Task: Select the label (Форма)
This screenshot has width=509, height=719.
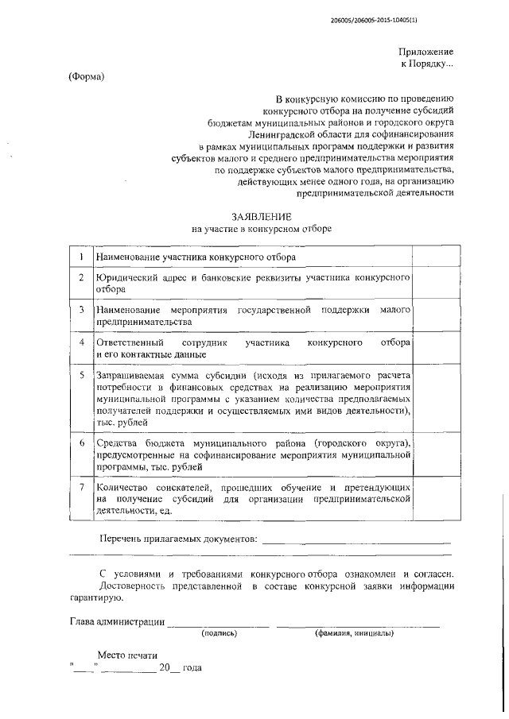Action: click(86, 77)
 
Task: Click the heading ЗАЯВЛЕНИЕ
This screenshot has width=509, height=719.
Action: click(261, 216)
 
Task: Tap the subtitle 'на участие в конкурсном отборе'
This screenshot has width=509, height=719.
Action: click(262, 229)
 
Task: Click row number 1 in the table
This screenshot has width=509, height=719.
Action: click(81, 257)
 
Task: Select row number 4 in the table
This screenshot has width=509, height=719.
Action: click(81, 342)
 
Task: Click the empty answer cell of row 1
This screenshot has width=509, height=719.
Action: click(432, 257)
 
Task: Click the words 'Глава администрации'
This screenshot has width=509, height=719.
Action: click(117, 622)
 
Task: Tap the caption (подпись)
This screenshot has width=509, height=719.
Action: click(220, 634)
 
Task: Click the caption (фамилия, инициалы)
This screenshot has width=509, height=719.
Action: click(351, 634)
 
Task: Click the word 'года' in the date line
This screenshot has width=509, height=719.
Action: click(192, 668)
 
